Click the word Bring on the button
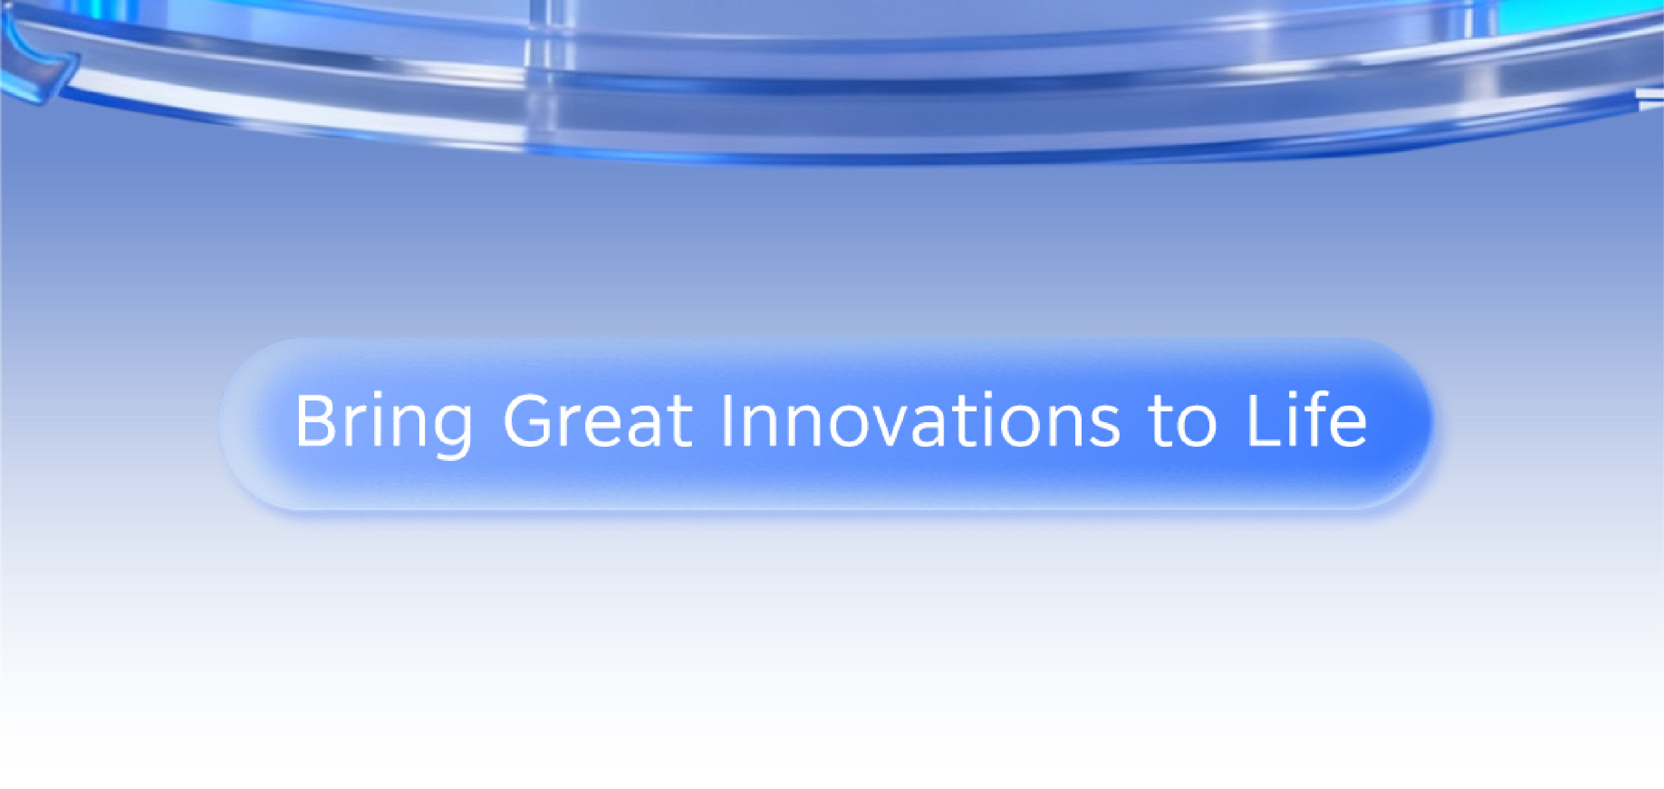[x=384, y=423]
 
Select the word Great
[x=597, y=420]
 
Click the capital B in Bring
[x=315, y=420]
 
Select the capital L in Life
[x=1264, y=420]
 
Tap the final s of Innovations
[x=1104, y=427]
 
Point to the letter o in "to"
[x=1197, y=427]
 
